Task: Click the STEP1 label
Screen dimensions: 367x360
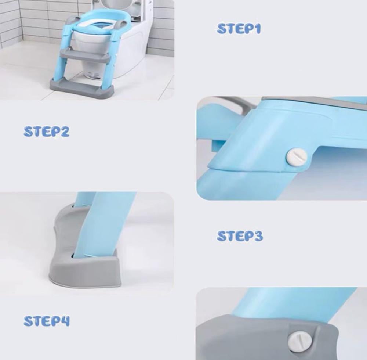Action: [x=239, y=29]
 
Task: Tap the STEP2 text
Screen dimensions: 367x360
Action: [x=46, y=132]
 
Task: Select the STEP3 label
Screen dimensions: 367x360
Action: [x=240, y=236]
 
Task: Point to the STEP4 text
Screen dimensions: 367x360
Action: [x=47, y=321]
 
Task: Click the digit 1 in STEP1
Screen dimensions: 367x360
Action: [x=257, y=29]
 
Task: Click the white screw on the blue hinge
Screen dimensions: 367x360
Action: [x=297, y=158]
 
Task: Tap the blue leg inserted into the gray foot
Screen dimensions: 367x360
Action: [x=103, y=225]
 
